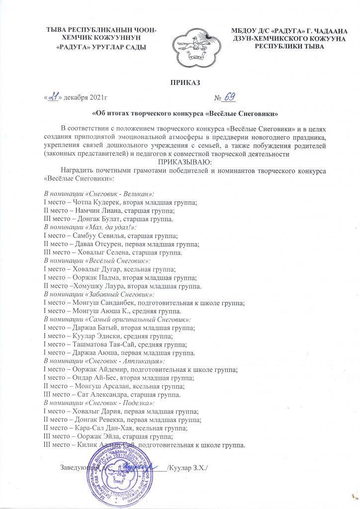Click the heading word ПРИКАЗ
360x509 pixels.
tap(180, 82)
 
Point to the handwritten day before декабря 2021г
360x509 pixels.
tap(53, 96)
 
